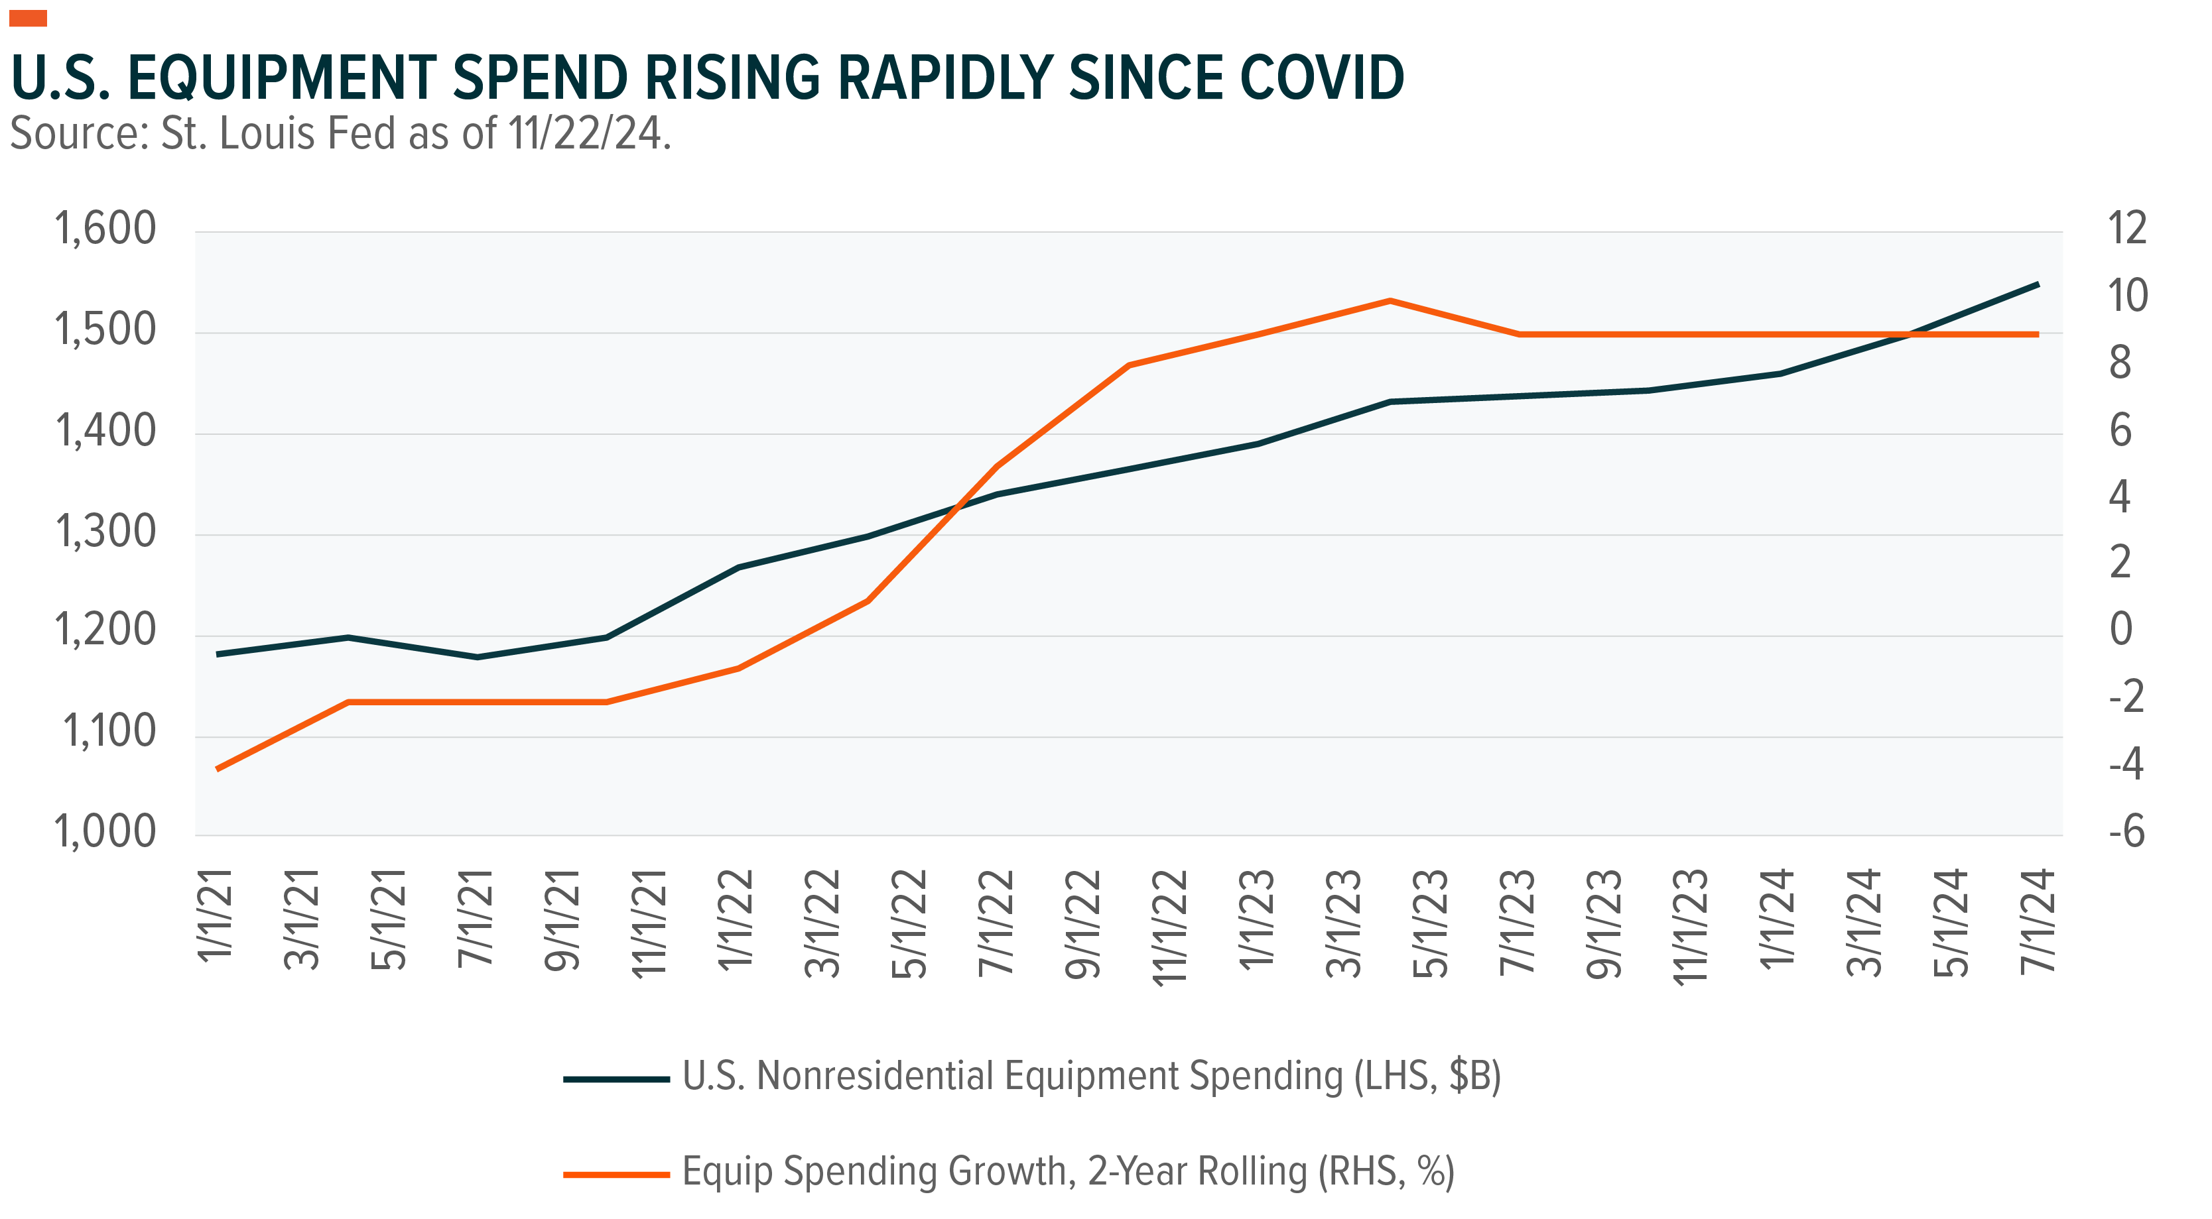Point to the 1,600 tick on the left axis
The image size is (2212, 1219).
pos(105,229)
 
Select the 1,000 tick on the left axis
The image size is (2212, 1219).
pos(105,832)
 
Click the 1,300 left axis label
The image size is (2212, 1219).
pos(105,532)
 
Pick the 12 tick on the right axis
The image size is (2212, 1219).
pos(2126,228)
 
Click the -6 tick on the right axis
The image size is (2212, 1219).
pos(2126,832)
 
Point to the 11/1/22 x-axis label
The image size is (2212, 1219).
pos(1169,927)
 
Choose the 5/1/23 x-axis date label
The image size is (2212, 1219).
pos(1431,923)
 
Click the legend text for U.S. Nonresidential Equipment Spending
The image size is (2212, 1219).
pos(1090,1076)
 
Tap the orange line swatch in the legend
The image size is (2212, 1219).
pos(616,1173)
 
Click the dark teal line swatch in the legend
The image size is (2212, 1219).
pos(616,1078)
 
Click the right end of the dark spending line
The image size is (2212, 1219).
pos(2038,284)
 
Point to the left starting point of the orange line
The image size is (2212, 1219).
pos(218,768)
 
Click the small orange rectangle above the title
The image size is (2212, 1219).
pos(29,18)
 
